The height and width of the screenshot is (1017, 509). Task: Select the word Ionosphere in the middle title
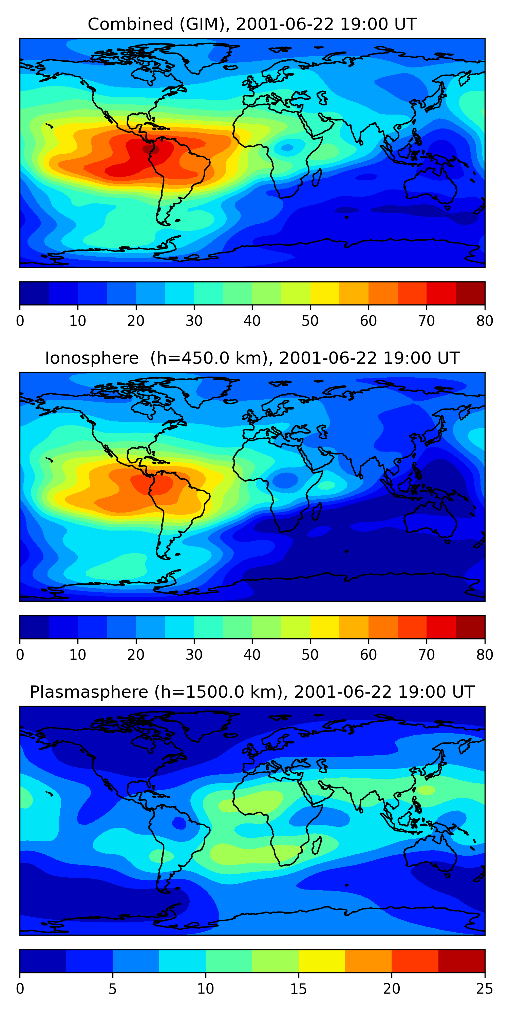[92, 358]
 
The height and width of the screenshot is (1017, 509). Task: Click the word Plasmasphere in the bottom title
[89, 692]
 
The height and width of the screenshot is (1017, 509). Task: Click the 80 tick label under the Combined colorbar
[485, 321]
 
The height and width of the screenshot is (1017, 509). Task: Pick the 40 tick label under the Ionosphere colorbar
[252, 655]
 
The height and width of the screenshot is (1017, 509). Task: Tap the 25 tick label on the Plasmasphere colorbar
[485, 989]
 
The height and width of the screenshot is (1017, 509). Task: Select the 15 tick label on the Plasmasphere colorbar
[298, 989]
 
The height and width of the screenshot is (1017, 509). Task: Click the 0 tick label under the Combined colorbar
[20, 321]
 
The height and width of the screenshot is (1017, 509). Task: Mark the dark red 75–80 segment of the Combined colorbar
[470, 293]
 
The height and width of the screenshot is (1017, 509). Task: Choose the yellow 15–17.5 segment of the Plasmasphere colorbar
[322, 961]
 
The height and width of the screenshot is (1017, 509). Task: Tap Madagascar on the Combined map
[317, 177]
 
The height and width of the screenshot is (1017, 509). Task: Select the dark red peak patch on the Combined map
[151, 149]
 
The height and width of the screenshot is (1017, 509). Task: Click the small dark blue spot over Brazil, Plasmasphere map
[179, 823]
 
